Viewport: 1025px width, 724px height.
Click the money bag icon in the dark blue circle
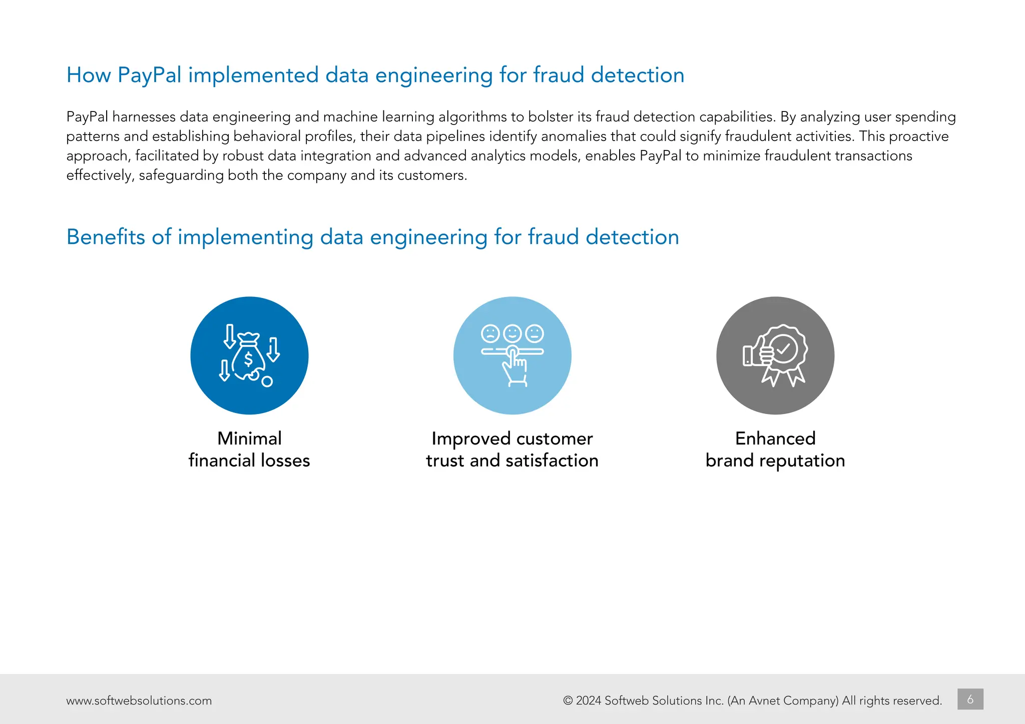pos(248,356)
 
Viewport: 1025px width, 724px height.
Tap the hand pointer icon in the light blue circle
pos(515,368)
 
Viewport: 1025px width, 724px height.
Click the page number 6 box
pos(970,699)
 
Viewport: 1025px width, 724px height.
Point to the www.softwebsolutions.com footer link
pos(139,700)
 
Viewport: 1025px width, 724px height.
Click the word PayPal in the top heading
pos(149,75)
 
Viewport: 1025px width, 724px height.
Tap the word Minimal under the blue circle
pos(249,438)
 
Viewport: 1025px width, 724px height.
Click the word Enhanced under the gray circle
pos(775,438)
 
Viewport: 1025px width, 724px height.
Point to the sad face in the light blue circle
pos(490,333)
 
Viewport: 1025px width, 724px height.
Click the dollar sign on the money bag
pos(248,359)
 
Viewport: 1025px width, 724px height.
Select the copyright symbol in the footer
pos(568,700)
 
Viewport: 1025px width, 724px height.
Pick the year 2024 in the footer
pos(589,700)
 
